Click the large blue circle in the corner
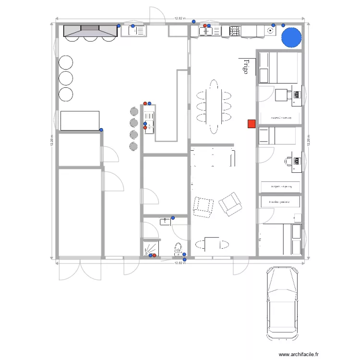point(291,37)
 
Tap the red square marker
point(251,124)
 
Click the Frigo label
point(245,67)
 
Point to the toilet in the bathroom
point(178,249)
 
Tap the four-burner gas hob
point(235,31)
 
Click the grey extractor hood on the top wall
point(90,31)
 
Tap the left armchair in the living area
point(203,206)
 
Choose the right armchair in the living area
point(230,203)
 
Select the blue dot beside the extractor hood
point(119,25)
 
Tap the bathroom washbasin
point(165,221)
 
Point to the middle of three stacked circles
point(65,78)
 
